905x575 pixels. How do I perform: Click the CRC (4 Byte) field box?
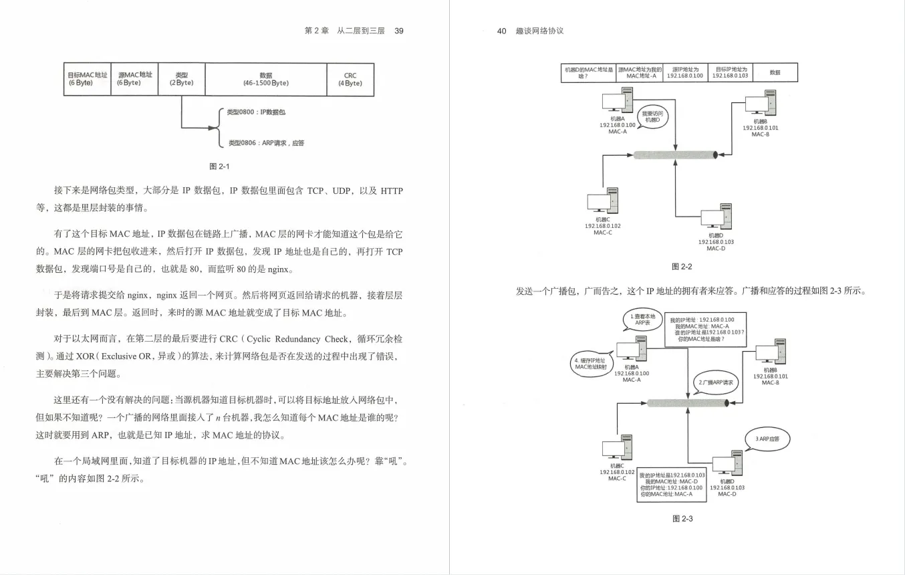[350, 80]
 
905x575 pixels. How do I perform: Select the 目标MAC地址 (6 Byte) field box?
[88, 80]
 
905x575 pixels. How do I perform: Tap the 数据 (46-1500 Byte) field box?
[265, 80]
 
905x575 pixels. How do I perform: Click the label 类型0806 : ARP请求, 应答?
[266, 143]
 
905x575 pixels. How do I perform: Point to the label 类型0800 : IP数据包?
[256, 112]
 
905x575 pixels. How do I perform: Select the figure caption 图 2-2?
[681, 267]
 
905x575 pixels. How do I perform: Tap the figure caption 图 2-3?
[682, 519]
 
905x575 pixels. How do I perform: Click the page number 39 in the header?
[399, 31]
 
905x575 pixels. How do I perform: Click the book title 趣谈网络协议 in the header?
[540, 31]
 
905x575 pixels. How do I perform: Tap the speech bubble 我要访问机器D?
[651, 117]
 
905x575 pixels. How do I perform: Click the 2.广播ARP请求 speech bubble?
[716, 382]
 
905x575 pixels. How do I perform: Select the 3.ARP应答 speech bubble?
[767, 439]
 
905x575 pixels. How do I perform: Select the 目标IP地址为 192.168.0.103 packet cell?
[731, 72]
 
